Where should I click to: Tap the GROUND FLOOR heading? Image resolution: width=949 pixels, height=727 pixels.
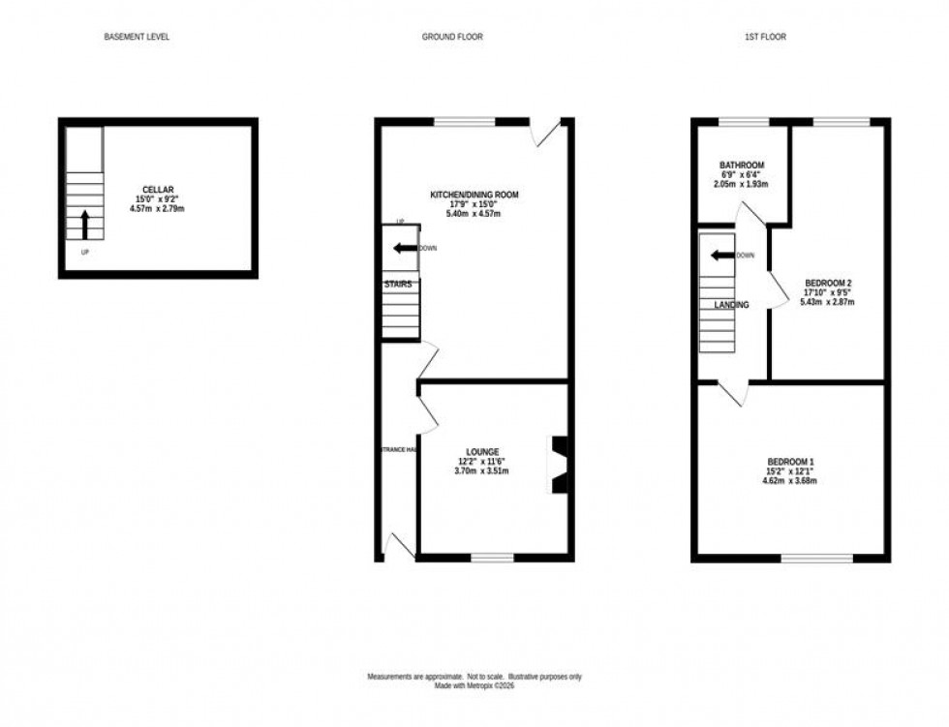[x=452, y=37]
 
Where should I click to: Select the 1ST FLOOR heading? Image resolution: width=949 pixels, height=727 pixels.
[x=765, y=37]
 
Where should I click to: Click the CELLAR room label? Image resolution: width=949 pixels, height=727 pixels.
[x=158, y=189]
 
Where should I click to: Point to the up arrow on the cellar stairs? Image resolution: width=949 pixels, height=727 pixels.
[x=84, y=224]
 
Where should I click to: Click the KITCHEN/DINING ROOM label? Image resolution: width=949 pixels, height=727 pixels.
[x=474, y=195]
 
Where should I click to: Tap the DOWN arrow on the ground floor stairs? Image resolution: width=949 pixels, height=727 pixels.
[x=402, y=248]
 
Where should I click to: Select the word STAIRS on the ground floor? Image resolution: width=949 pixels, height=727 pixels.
[x=399, y=285]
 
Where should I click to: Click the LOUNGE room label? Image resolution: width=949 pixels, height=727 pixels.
[x=482, y=452]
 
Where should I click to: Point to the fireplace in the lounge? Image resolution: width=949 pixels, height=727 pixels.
[x=560, y=466]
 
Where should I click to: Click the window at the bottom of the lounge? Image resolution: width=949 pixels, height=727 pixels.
[x=493, y=558]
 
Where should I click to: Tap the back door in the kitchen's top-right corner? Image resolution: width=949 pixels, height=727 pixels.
[x=549, y=134]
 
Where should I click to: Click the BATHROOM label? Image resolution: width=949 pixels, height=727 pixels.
[x=742, y=165]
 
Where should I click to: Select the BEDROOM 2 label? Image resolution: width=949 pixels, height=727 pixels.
[x=828, y=283]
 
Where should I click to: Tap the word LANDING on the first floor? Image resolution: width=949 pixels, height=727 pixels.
[x=731, y=305]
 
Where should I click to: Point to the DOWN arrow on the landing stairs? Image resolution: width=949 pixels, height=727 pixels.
[x=720, y=256]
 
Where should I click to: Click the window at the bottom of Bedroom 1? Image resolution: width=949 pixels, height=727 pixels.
[x=817, y=558]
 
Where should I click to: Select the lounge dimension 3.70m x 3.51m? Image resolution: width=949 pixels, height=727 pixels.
[x=482, y=471]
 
